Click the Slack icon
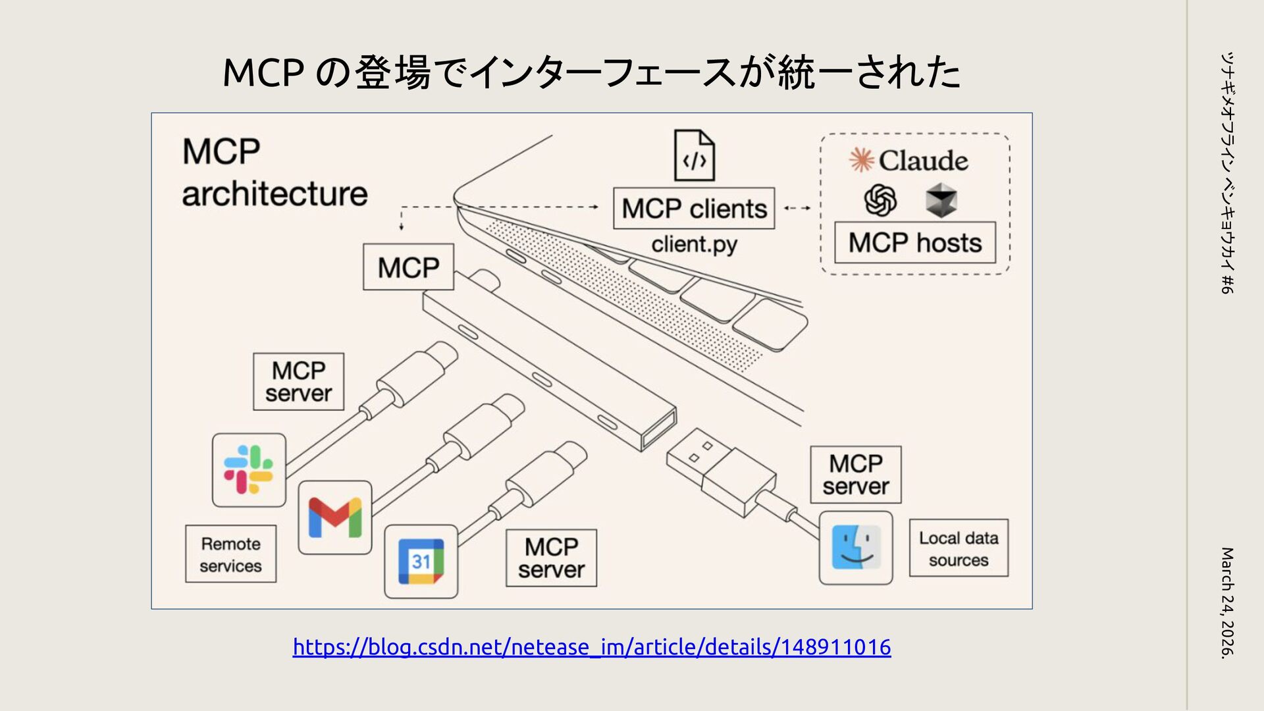pos(249,469)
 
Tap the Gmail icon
pos(335,517)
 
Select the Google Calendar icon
pos(421,562)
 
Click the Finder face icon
pos(856,547)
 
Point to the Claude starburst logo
pos(861,160)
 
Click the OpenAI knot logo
pos(880,200)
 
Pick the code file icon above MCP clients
pos(695,155)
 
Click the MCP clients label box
pos(694,209)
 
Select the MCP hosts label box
pos(915,243)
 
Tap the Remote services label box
pos(230,554)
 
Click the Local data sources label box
pos(959,548)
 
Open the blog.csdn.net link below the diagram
pos(592,647)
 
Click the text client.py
pos(694,244)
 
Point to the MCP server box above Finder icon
pos(855,475)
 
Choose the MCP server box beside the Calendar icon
pos(551,558)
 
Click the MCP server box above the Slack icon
pos(298,382)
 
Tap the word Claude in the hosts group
pos(923,161)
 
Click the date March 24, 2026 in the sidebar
pos(1227,602)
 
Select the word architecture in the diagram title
pos(275,194)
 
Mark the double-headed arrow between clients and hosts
pos(797,208)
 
